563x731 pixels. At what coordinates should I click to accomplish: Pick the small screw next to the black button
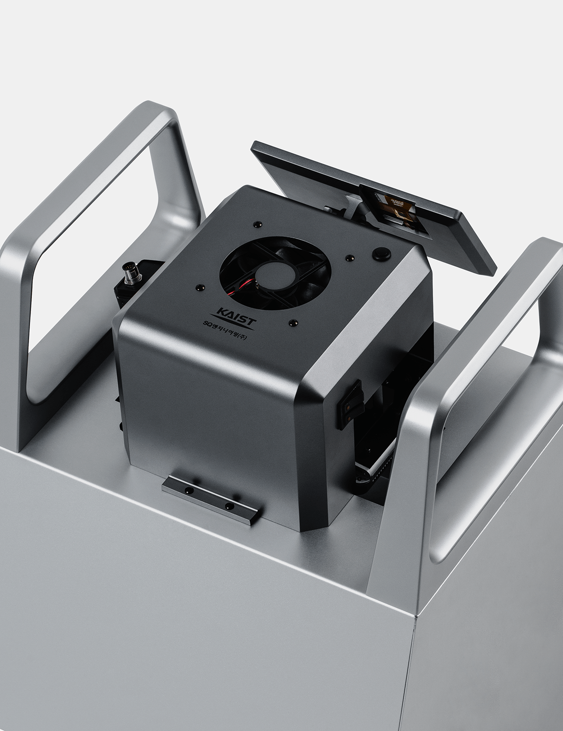coord(350,257)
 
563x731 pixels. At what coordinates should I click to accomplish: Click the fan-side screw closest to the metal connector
coord(200,286)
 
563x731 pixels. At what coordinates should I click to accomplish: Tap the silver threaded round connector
coord(128,271)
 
